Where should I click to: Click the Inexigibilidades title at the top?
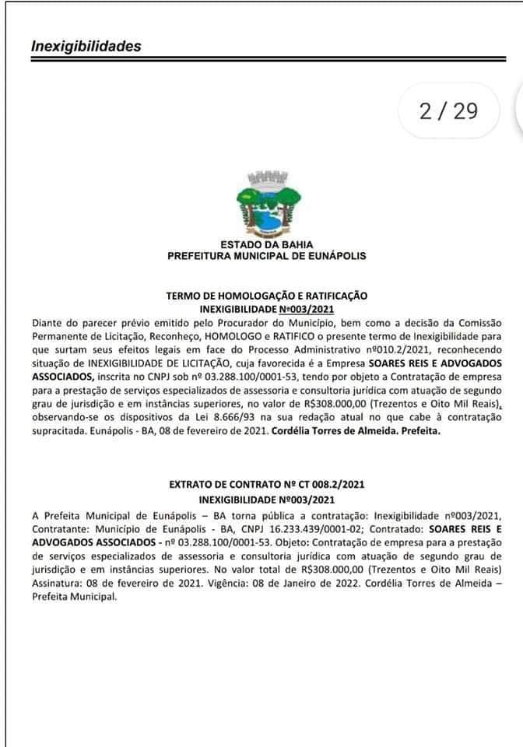pyautogui.click(x=86, y=46)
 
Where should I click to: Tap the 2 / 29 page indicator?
pyautogui.click(x=448, y=111)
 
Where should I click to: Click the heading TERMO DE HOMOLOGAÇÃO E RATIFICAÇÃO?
pyautogui.click(x=267, y=296)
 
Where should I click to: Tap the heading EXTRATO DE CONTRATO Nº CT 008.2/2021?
pyautogui.click(x=267, y=485)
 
